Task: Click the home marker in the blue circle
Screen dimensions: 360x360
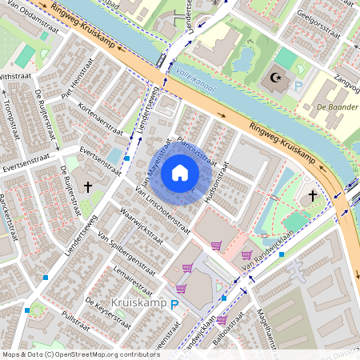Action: (180, 172)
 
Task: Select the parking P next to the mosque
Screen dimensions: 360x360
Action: (299, 86)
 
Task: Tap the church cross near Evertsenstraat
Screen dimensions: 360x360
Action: (89, 186)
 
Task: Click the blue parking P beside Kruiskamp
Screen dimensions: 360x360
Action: (175, 306)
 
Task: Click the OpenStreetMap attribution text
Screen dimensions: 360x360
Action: (70, 354)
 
